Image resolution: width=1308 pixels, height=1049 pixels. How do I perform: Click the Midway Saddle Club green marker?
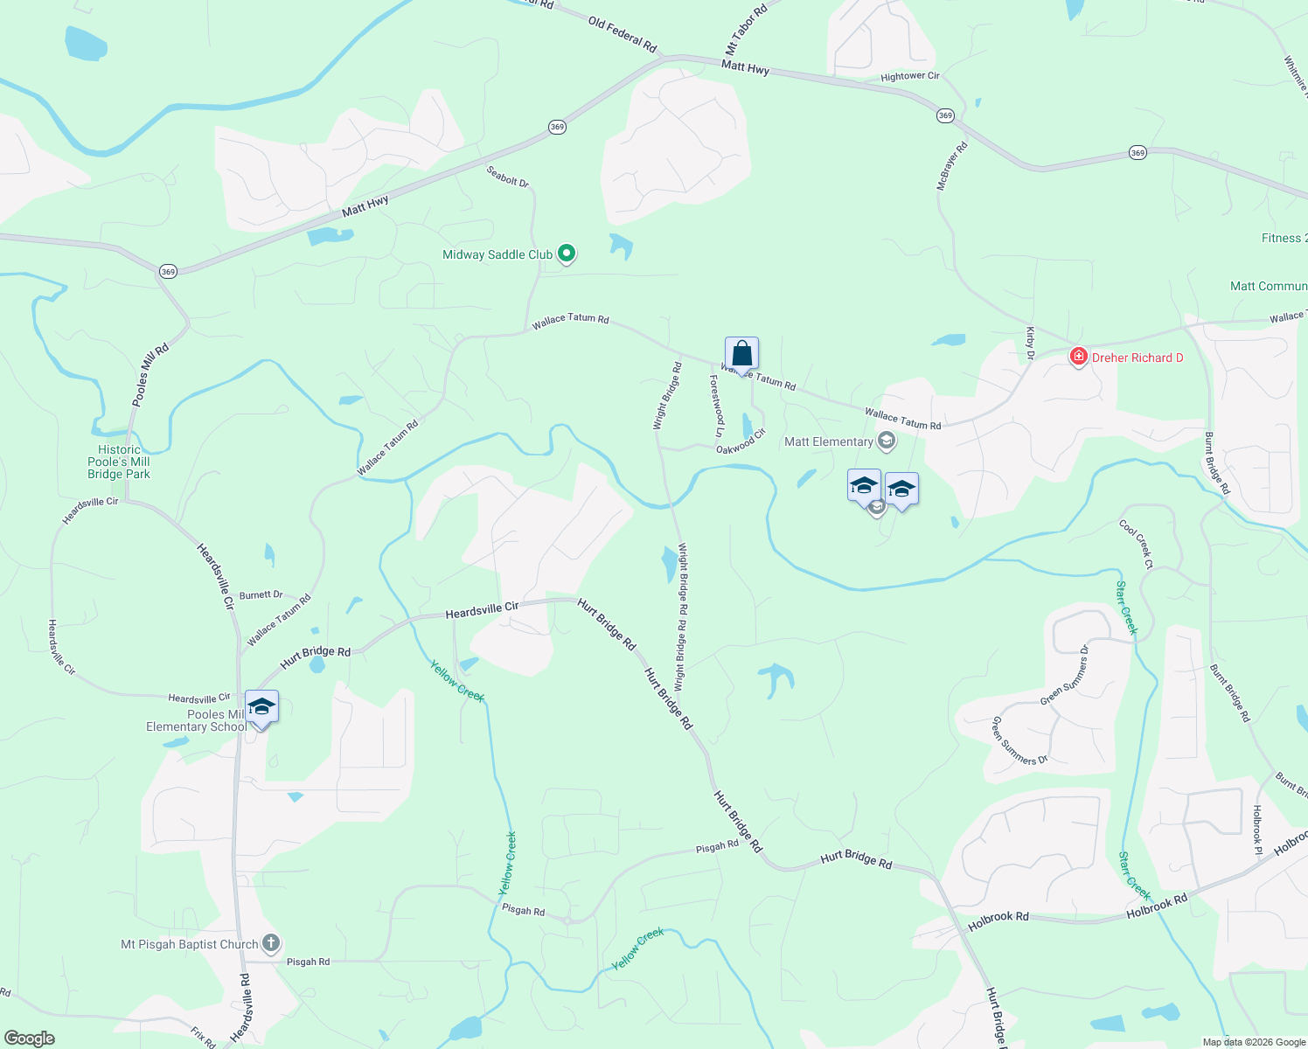click(567, 254)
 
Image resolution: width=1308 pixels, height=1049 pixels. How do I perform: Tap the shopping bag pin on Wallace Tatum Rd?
click(741, 354)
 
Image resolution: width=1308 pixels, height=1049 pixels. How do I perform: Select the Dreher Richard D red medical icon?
click(1079, 357)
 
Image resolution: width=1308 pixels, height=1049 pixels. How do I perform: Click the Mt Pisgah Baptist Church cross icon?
click(271, 943)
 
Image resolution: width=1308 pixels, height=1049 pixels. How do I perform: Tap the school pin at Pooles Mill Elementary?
click(261, 706)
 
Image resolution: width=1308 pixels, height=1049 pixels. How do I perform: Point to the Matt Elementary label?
click(829, 441)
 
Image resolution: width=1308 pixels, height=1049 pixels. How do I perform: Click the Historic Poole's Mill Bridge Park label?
click(119, 462)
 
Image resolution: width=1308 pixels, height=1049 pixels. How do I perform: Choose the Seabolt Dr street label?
click(508, 176)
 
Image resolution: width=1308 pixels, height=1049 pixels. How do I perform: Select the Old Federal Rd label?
click(623, 35)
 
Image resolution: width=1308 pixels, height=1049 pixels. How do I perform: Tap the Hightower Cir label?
click(910, 77)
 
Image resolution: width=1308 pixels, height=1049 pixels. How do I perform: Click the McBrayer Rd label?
click(952, 166)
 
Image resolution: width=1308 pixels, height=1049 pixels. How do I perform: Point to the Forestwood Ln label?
click(717, 406)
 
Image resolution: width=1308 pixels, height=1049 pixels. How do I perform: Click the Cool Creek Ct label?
click(1136, 544)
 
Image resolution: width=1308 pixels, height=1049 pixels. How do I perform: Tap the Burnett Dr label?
click(261, 594)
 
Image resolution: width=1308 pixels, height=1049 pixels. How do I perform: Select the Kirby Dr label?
click(1030, 343)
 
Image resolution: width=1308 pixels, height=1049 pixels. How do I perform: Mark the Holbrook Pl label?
click(1257, 830)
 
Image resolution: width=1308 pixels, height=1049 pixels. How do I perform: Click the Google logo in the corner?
click(30, 1039)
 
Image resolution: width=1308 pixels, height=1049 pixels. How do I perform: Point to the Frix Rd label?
click(203, 1037)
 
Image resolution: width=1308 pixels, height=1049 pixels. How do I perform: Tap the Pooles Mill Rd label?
click(150, 375)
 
